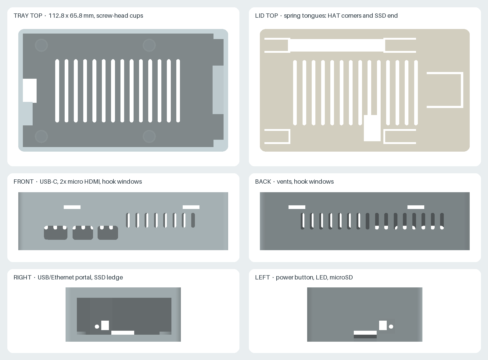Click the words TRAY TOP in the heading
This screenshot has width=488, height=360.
[28, 16]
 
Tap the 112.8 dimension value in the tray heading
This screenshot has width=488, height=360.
[56, 16]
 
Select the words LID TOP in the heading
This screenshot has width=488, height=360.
[267, 16]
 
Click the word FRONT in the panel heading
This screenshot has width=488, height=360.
[23, 182]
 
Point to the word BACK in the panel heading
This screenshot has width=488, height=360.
[263, 182]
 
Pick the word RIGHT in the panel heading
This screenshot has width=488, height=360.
[23, 277]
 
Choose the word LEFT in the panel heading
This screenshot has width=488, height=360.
[262, 277]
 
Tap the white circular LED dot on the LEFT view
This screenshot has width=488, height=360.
[391, 326]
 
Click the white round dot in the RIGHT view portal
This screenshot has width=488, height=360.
[97, 326]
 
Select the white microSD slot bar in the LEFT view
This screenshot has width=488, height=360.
[365, 333]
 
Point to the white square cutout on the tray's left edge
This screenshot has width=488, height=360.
[30, 91]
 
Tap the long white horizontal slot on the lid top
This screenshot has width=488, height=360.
[337, 45]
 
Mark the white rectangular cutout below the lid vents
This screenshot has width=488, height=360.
[372, 128]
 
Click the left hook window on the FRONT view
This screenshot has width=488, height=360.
[72, 207]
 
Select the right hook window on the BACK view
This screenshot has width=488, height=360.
[416, 207]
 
